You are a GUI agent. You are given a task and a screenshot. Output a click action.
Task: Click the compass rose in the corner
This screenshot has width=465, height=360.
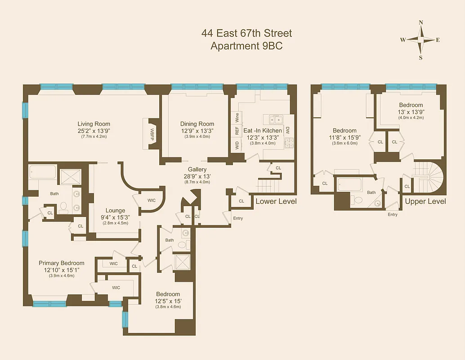pos(420,40)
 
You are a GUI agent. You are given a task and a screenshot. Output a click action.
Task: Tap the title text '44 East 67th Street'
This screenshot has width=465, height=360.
pos(246,33)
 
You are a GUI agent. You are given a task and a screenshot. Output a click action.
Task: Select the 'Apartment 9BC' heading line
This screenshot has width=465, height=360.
pos(246,45)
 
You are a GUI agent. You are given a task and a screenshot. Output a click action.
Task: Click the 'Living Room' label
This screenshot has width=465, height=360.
pos(94,124)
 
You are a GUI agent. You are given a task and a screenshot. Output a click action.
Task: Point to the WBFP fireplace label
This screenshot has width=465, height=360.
pos(152,134)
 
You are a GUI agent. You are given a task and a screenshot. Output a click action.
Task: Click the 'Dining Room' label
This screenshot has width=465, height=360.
pos(197,124)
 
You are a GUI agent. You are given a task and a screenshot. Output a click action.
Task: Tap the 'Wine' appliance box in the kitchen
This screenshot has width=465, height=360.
pos(237,118)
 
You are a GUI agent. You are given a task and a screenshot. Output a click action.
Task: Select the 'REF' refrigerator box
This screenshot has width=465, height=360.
pos(237,131)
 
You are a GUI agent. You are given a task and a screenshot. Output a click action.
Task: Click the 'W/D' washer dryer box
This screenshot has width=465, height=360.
pos(237,145)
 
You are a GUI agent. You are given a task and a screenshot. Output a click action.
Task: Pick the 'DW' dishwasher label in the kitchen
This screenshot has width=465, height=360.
pos(287,130)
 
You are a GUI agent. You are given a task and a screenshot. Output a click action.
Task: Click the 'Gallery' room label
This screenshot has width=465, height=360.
pos(197,169)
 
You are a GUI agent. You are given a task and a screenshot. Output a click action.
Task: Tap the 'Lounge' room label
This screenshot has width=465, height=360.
pos(115,210)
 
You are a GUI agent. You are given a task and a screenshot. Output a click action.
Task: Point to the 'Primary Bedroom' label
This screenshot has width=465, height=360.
pos(61,263)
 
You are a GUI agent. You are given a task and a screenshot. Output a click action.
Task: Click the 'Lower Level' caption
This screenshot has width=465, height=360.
pos(276,201)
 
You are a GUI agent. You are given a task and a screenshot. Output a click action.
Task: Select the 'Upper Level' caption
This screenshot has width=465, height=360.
pos(425,201)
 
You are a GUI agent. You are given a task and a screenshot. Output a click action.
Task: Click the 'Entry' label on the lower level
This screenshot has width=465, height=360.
pos(238,218)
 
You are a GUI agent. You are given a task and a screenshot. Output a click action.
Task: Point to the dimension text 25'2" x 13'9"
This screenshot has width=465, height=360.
pos(94,130)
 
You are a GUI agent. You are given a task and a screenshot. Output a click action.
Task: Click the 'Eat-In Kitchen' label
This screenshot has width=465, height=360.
pos(263,130)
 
